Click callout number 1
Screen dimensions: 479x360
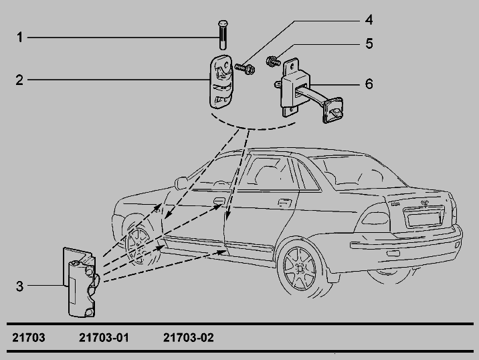point(20,37)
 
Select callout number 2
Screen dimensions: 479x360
point(19,80)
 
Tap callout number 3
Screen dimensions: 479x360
point(19,286)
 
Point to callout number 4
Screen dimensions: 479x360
point(369,20)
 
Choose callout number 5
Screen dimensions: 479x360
point(369,43)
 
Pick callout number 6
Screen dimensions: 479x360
point(369,84)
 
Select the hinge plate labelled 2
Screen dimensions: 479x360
point(221,82)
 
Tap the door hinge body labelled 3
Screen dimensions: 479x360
point(81,282)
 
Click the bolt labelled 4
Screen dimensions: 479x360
point(245,68)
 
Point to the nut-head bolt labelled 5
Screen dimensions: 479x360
point(273,61)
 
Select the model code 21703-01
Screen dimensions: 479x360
point(104,338)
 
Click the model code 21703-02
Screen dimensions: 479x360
point(189,338)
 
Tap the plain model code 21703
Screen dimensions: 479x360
point(29,338)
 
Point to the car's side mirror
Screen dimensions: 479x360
point(181,183)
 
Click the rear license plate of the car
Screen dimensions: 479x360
point(423,219)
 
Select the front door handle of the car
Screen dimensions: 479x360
point(219,201)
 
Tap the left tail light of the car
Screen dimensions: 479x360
point(375,218)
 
